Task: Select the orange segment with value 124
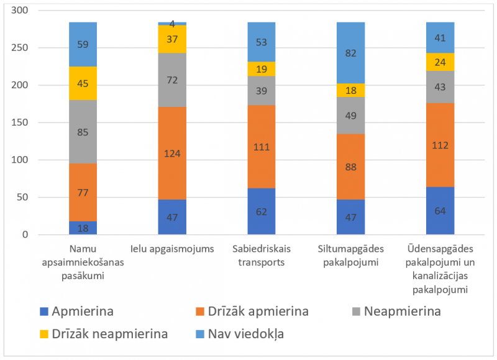click(172, 153)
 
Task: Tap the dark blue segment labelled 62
click(262, 211)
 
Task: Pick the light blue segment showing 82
click(351, 53)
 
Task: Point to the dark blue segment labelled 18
click(83, 228)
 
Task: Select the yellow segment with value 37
click(172, 39)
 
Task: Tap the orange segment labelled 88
click(351, 167)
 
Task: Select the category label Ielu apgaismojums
click(172, 250)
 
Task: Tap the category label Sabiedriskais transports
click(262, 256)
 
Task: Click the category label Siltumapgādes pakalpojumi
click(351, 256)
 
